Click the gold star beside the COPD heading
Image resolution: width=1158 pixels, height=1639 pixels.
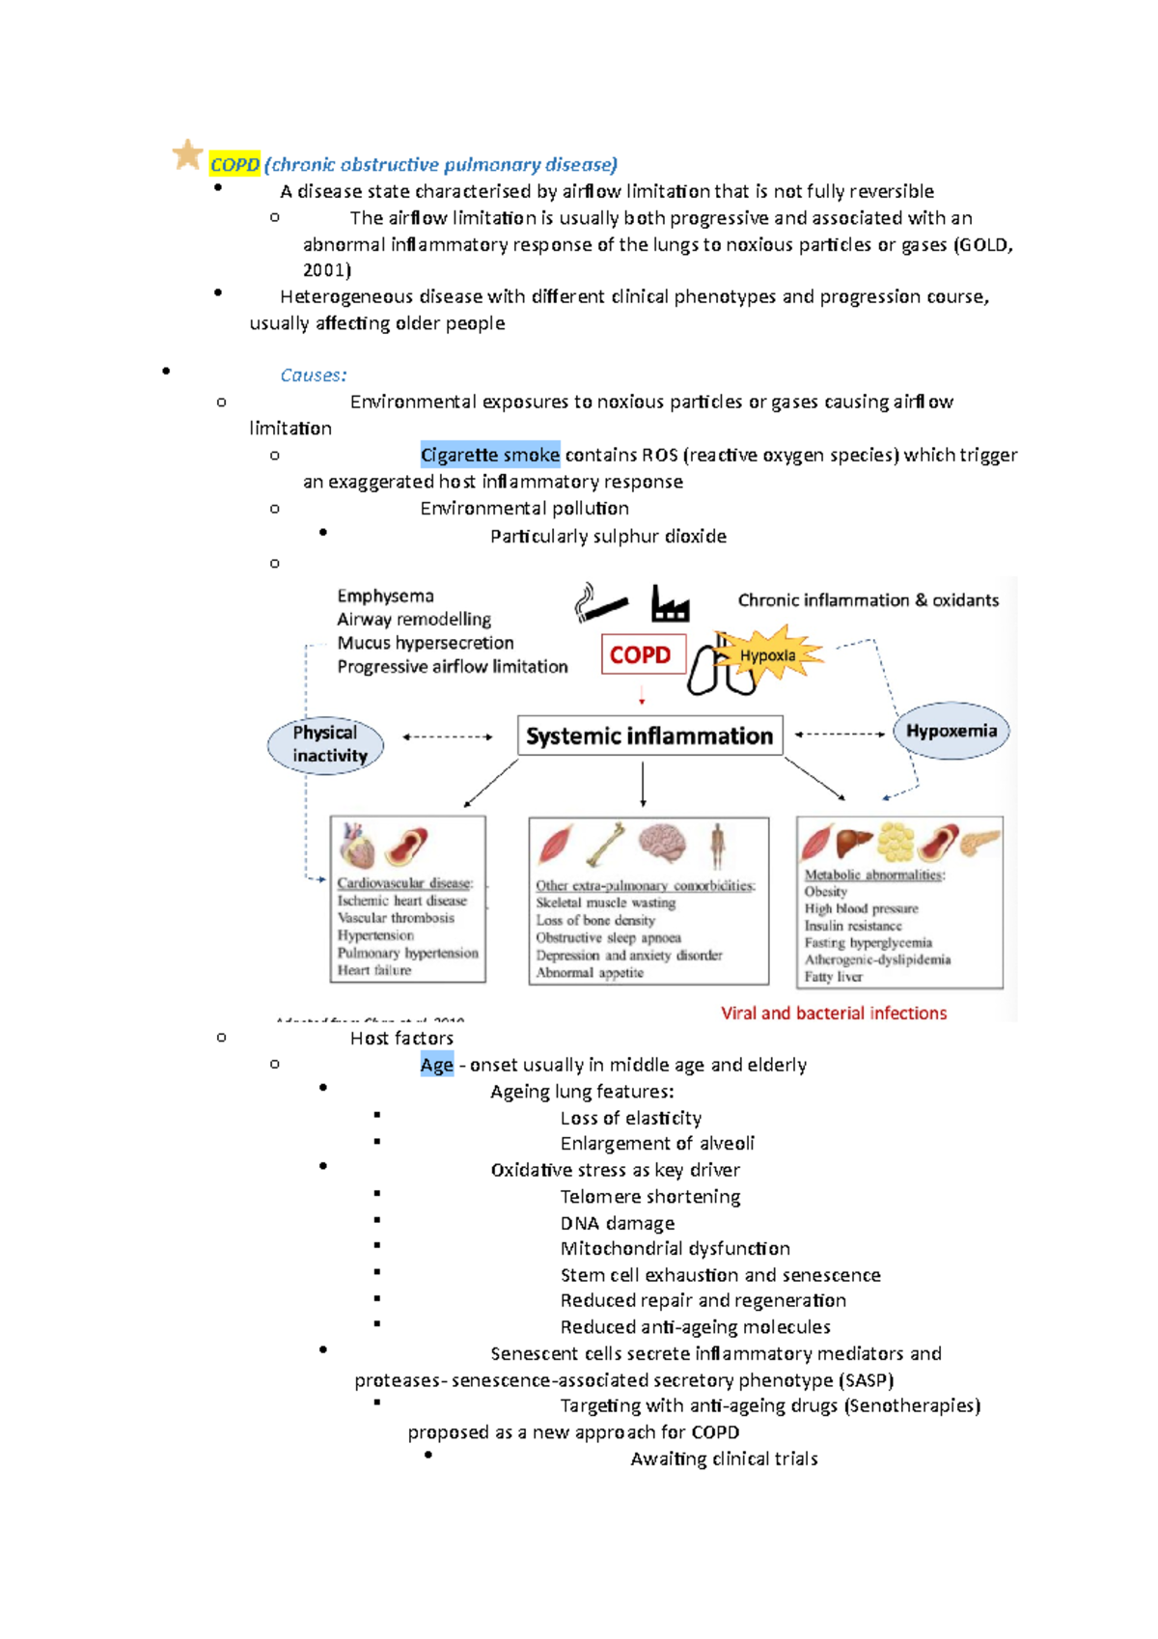(187, 154)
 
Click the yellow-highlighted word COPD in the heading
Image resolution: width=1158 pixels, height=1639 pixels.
(234, 165)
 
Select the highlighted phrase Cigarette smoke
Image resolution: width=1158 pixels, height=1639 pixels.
(490, 455)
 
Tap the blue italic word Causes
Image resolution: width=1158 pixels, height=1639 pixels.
(313, 375)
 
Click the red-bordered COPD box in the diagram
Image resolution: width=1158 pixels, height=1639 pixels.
(642, 654)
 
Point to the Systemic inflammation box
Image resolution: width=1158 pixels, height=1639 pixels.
(649, 736)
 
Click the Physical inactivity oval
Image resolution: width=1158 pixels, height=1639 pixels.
(326, 744)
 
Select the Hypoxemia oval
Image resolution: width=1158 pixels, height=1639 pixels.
(951, 731)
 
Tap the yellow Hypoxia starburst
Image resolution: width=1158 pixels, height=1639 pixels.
(769, 655)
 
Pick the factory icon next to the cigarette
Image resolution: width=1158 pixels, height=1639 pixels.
(670, 604)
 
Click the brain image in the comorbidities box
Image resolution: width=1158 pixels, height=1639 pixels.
(662, 842)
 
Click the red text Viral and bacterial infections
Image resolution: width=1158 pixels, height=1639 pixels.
(834, 1014)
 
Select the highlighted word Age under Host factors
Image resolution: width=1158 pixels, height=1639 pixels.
(436, 1065)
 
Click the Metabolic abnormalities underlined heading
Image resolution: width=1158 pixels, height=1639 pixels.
(874, 875)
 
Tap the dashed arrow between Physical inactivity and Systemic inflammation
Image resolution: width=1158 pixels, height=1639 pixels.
(448, 737)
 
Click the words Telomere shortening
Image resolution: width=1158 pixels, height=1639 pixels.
(650, 1197)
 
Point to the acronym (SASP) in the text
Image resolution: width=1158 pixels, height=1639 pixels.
(866, 1380)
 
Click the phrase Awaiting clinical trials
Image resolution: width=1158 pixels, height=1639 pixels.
(724, 1459)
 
